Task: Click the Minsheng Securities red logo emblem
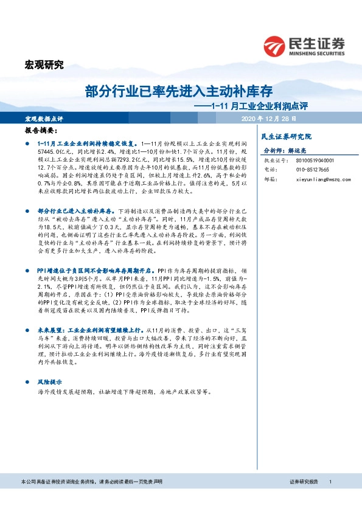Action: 274,45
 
